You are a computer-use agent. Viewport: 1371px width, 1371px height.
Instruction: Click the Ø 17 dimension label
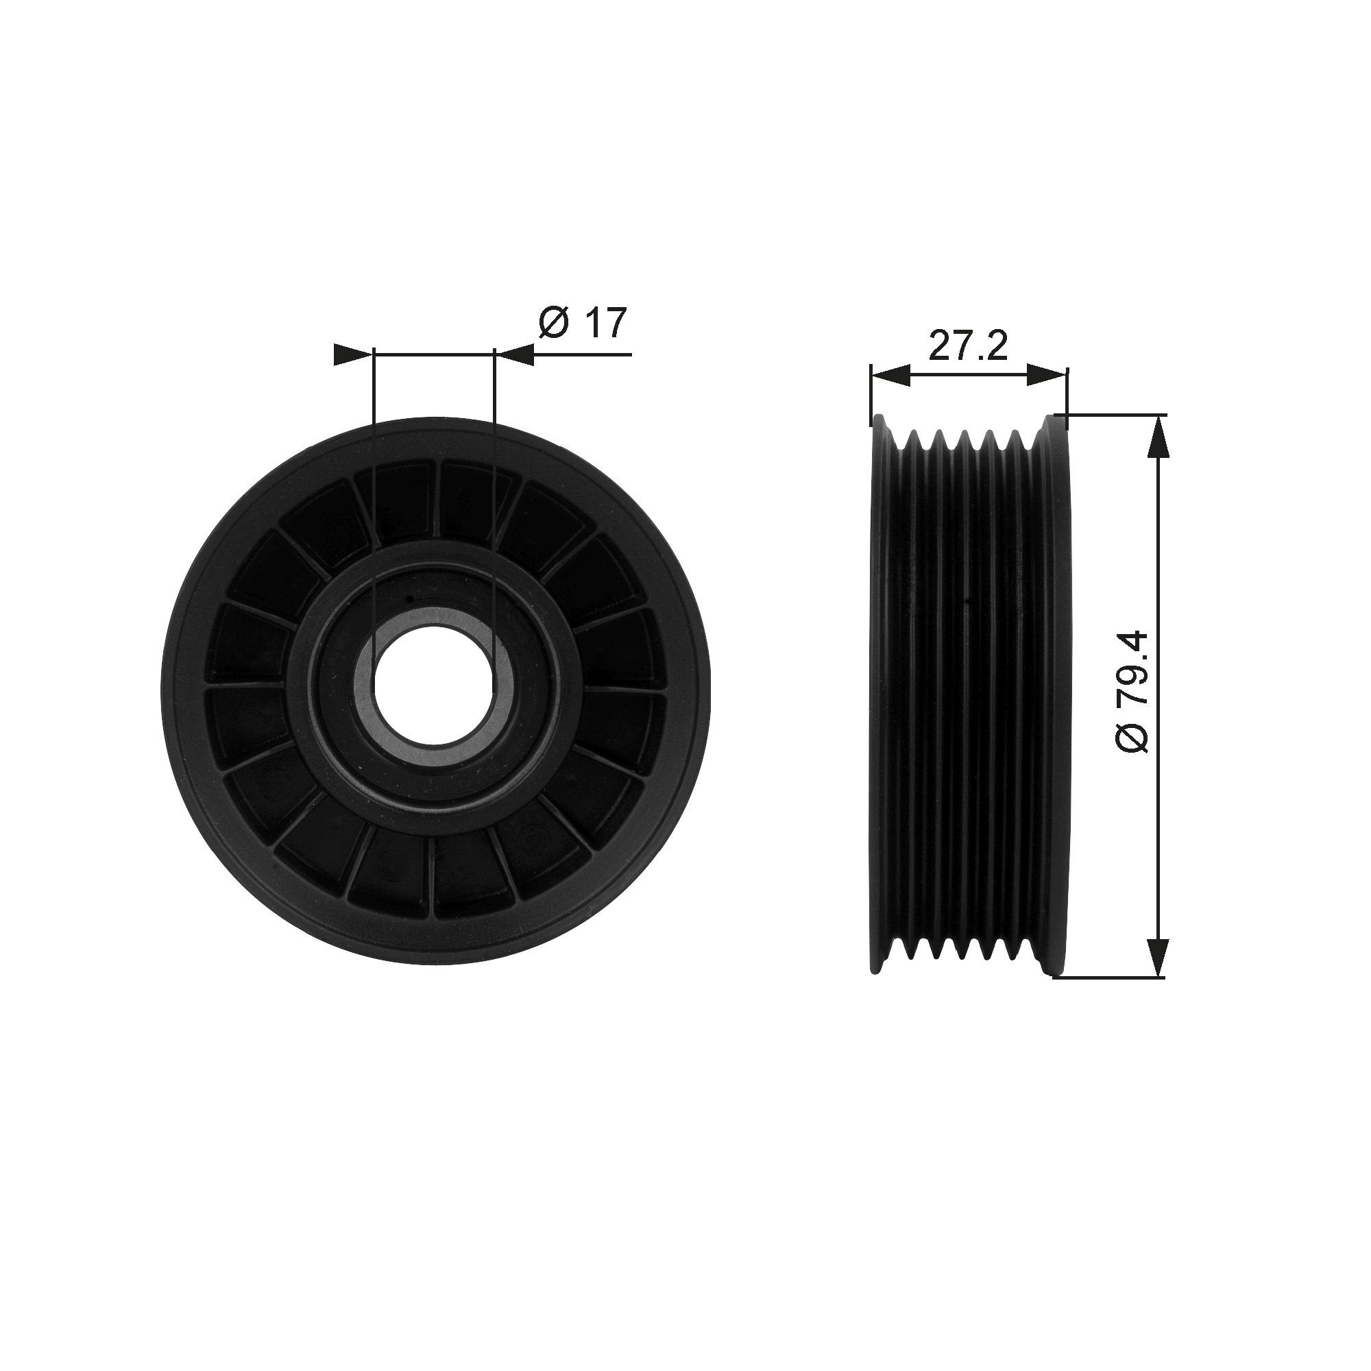583,323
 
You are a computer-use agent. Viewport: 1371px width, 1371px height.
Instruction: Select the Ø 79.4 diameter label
1132,691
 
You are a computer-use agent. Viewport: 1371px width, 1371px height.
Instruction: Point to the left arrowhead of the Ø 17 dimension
352,354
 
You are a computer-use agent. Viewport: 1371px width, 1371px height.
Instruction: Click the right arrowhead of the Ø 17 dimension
515,354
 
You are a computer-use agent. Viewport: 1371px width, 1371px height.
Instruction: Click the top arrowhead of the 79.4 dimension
1157,437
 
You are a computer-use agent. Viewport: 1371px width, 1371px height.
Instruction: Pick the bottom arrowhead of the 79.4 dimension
1157,955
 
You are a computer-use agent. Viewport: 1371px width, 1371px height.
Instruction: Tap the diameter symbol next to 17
553,324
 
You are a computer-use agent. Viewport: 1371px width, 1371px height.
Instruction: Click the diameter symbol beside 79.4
1132,738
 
